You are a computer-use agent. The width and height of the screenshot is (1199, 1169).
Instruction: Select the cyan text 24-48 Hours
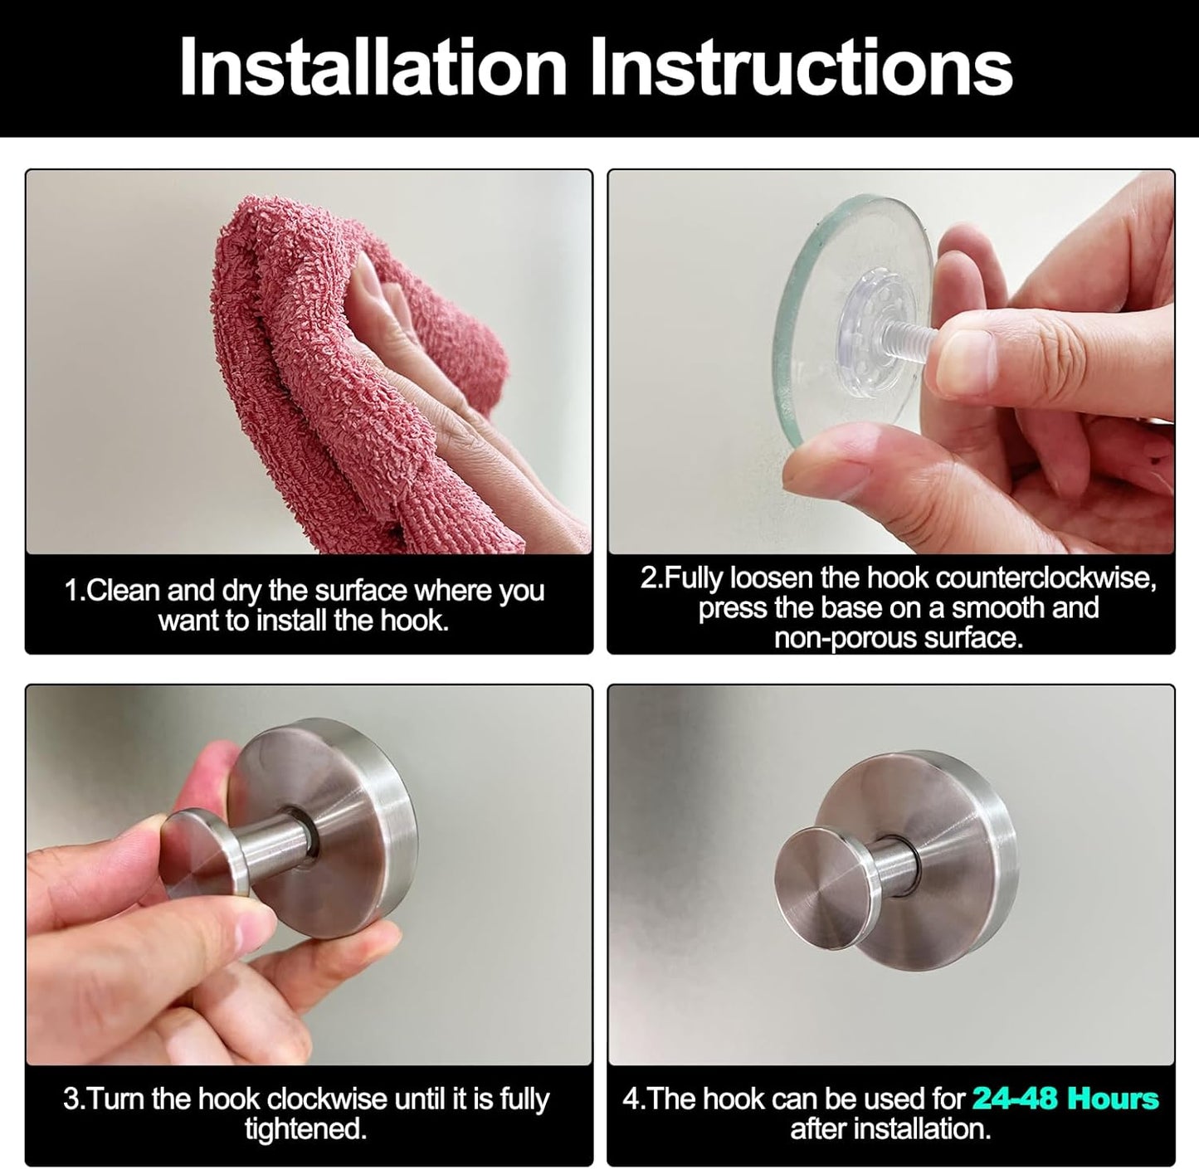click(1065, 1098)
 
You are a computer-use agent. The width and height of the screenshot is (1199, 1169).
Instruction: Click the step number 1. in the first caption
click(75, 592)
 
